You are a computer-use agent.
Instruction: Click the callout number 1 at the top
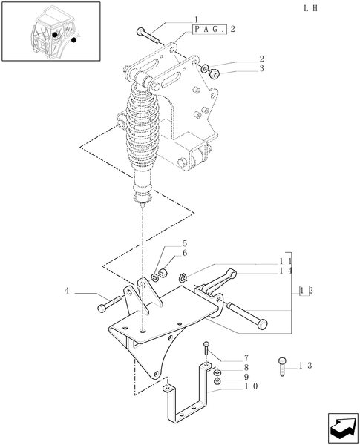coord(196,19)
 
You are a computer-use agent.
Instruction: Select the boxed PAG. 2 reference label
coord(214,29)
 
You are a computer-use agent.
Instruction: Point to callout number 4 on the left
coord(67,291)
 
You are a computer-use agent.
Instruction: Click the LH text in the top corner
coord(311,8)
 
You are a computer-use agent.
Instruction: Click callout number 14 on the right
coord(285,272)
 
